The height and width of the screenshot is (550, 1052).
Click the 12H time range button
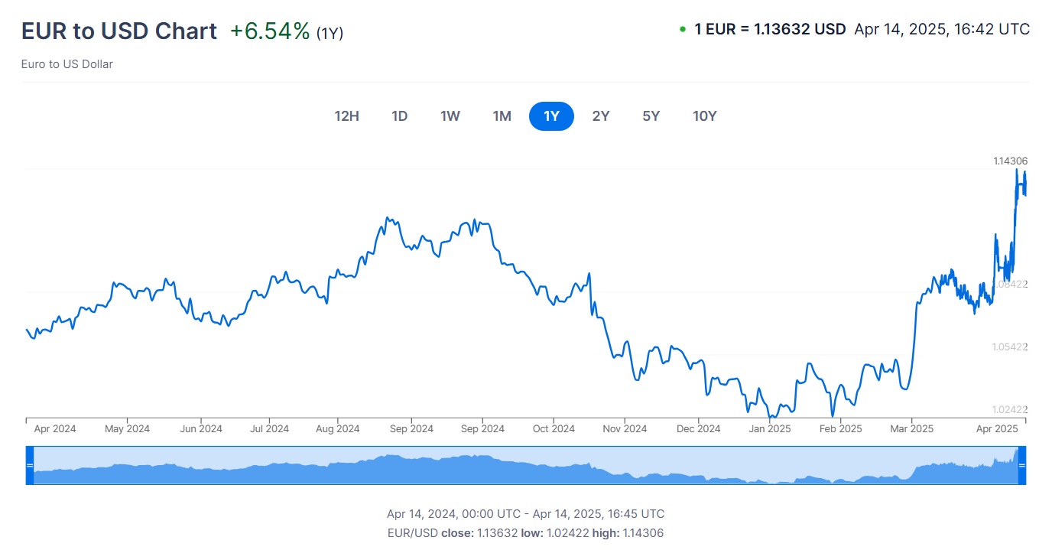tap(346, 116)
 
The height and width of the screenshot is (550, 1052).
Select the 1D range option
tap(399, 116)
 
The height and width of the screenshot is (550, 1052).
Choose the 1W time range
tap(450, 116)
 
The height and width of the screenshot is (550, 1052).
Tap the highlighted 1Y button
tap(551, 116)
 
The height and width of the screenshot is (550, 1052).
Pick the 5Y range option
tap(651, 116)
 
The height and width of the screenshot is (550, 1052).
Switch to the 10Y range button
tap(704, 116)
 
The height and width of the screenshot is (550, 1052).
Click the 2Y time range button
tap(601, 116)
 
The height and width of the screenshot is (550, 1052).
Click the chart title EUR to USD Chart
tap(119, 31)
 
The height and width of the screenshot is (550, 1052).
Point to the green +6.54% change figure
tap(270, 31)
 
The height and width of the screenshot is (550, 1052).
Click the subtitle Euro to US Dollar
tap(67, 64)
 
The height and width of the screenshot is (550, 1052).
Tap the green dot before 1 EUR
tap(682, 30)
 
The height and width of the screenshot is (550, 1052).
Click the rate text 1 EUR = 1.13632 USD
tap(770, 30)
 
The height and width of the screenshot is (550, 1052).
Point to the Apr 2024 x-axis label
tap(55, 429)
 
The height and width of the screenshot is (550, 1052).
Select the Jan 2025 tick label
tap(769, 429)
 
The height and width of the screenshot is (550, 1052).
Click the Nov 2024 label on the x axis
tap(625, 429)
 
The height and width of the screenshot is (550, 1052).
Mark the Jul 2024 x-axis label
tap(269, 429)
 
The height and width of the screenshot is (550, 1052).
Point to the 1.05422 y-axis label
tap(1010, 347)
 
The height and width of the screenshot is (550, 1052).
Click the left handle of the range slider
tap(30, 465)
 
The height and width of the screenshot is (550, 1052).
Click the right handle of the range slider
tap(1021, 465)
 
